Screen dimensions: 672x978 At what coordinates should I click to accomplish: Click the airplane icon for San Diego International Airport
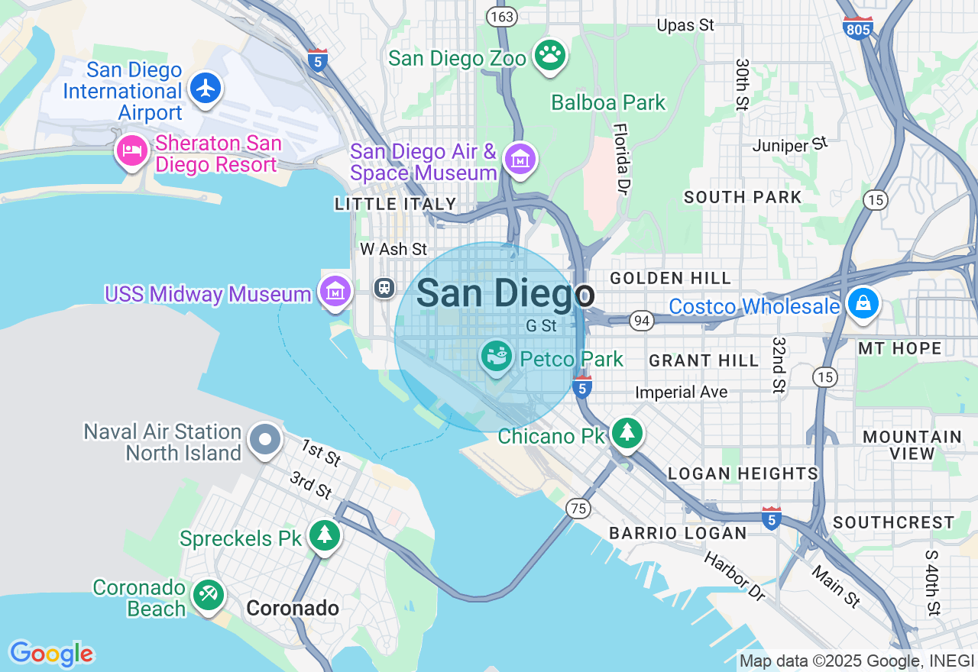206,88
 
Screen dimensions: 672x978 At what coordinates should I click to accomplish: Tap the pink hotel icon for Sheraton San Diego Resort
131,150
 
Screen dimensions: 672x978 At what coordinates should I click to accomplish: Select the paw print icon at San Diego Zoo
549,55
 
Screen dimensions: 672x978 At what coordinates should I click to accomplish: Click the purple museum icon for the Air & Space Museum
521,160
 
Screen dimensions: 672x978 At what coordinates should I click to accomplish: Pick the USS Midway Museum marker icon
335,291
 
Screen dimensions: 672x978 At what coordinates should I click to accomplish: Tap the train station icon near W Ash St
384,288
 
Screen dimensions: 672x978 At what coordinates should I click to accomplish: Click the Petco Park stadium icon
497,356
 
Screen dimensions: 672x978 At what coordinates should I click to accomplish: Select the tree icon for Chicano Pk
627,433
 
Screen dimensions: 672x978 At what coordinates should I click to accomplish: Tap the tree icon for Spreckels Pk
325,535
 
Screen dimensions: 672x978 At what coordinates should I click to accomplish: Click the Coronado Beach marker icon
208,594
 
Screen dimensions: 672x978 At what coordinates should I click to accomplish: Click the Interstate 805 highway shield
858,28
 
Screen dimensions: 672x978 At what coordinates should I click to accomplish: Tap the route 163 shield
502,16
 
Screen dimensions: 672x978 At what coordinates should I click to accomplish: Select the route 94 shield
642,321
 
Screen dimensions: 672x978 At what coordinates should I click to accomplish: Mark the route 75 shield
578,507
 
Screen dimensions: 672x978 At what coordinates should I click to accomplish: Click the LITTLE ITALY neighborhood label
395,204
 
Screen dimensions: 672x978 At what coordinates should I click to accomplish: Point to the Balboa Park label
608,102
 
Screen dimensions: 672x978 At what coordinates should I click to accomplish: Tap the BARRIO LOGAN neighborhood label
678,533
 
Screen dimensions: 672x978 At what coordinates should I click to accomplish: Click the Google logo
51,654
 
